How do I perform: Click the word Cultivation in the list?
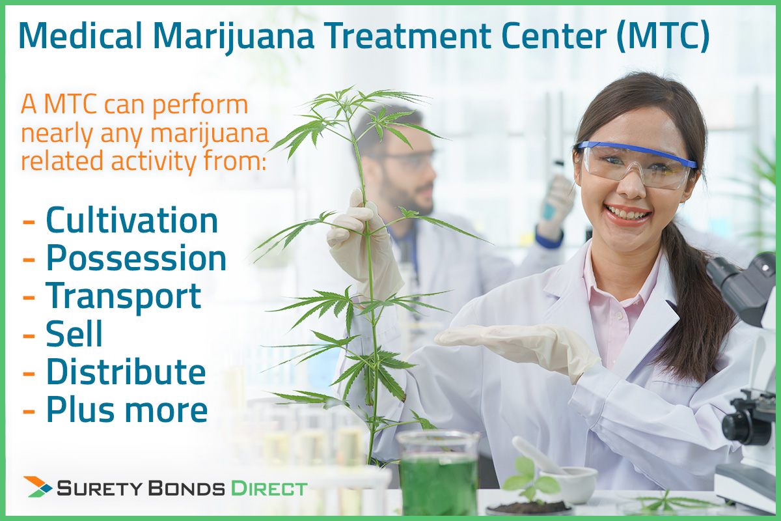131,220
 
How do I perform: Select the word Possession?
136,259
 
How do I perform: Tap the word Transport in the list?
124,296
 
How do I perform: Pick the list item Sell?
74,333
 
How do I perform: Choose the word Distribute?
126,371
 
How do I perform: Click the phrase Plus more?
127,410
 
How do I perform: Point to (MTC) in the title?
663,36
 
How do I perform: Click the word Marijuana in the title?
233,36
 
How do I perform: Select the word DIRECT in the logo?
269,488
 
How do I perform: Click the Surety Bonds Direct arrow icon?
38,486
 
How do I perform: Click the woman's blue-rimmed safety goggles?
636,163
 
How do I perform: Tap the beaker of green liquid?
438,474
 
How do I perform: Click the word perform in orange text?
200,106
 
